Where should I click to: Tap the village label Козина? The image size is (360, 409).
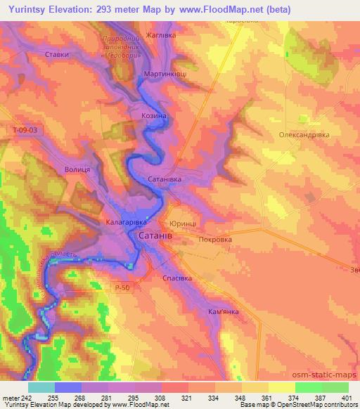pyautogui.click(x=153, y=115)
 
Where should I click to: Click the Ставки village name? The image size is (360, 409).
pyautogui.click(x=56, y=53)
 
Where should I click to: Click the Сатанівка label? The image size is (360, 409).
pyautogui.click(x=165, y=179)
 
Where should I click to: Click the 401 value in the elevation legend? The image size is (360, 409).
pyautogui.click(x=347, y=398)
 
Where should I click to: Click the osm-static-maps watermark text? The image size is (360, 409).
pyautogui.click(x=329, y=376)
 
